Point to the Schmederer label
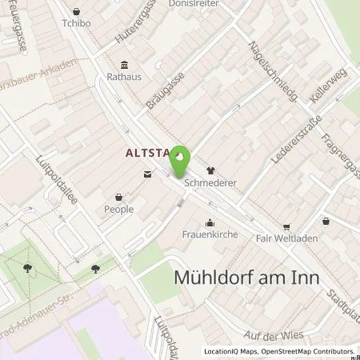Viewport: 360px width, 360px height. pyautogui.click(x=211, y=182)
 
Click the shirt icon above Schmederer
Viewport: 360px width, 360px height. pyautogui.click(x=211, y=170)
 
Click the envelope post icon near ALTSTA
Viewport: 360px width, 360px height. pyautogui.click(x=146, y=174)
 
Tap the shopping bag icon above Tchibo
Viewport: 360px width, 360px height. pyautogui.click(x=76, y=11)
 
